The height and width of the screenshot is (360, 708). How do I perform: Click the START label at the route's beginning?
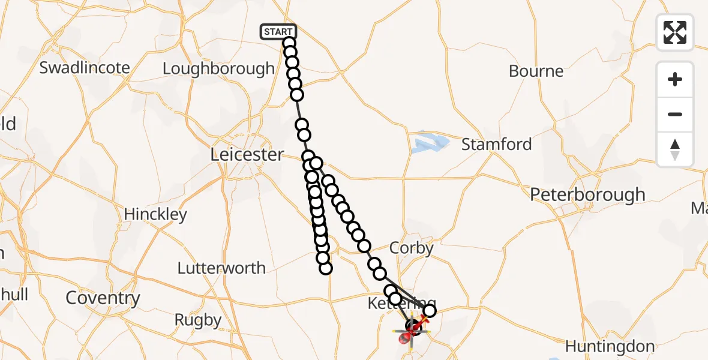278,32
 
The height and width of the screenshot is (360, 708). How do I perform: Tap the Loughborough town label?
218,68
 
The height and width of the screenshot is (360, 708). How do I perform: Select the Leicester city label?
247,154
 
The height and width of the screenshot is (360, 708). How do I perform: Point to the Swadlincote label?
85,67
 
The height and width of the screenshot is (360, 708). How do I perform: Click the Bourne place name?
536,71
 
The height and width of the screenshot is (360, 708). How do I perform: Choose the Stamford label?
496,144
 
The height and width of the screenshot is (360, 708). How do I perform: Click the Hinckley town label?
155,214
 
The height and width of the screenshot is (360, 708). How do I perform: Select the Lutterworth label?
221,268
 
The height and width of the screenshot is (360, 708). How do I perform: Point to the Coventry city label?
103,298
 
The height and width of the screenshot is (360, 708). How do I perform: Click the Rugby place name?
198,320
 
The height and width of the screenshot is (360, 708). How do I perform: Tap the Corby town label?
411,247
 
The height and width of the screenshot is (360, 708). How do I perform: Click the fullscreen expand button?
675,32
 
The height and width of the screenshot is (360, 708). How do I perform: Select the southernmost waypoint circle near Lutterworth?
326,268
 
